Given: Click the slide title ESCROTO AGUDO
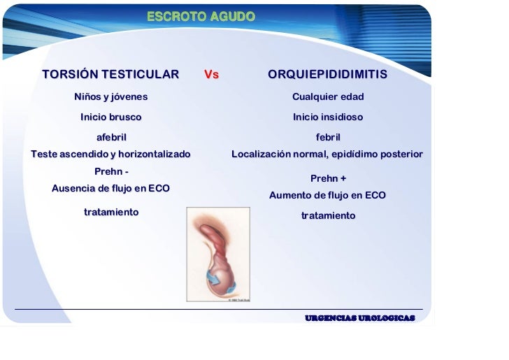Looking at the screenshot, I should click(x=201, y=15).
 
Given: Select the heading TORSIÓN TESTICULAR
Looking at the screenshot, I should click(x=110, y=75).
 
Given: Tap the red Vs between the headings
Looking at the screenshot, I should click(x=211, y=75).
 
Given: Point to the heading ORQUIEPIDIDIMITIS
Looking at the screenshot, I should click(x=327, y=75).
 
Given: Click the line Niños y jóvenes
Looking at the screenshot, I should click(x=111, y=96).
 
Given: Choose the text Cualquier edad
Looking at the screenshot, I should click(x=328, y=96).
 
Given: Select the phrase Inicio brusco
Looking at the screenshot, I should click(x=111, y=117).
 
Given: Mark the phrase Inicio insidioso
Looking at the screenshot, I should click(x=328, y=117).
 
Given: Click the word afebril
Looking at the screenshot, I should click(x=111, y=137).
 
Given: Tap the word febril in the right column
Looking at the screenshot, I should click(x=328, y=137).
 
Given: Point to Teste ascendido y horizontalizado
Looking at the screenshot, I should click(x=111, y=154).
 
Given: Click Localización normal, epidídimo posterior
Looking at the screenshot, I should click(x=327, y=154).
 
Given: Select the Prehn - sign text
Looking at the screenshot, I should click(x=111, y=171).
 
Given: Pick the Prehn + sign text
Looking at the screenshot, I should click(x=328, y=178).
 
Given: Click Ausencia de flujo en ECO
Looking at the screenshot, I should click(x=111, y=189).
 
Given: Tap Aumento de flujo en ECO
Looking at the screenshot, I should click(x=327, y=196).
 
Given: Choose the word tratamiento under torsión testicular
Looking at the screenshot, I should click(x=111, y=212).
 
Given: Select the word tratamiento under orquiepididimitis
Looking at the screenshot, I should click(x=328, y=216).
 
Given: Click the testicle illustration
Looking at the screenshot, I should click(x=217, y=254).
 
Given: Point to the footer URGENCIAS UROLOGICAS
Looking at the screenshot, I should click(x=359, y=318).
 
